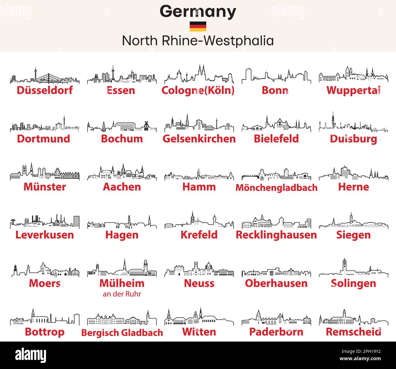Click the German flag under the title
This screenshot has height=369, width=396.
[198, 27]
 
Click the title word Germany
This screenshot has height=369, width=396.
[198, 12]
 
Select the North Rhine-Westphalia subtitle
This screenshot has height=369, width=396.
[198, 41]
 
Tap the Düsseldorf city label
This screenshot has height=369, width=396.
[45, 90]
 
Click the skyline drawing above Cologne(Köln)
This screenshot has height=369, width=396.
[199, 75]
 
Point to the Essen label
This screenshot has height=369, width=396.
[121, 90]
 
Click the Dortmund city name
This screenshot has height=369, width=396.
[44, 139]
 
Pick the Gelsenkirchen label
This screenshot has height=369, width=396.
[199, 139]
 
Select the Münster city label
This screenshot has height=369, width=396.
[45, 187]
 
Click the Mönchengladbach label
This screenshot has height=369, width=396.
[276, 188]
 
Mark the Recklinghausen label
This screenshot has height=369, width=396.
[276, 235]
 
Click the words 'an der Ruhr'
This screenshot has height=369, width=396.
[122, 294]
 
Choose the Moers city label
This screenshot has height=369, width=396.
[45, 283]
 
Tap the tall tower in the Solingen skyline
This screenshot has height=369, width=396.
[344, 266]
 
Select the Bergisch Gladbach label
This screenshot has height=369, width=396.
[122, 332]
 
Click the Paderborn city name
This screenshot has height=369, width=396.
[276, 332]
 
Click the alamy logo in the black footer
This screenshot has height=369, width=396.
[31, 355]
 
